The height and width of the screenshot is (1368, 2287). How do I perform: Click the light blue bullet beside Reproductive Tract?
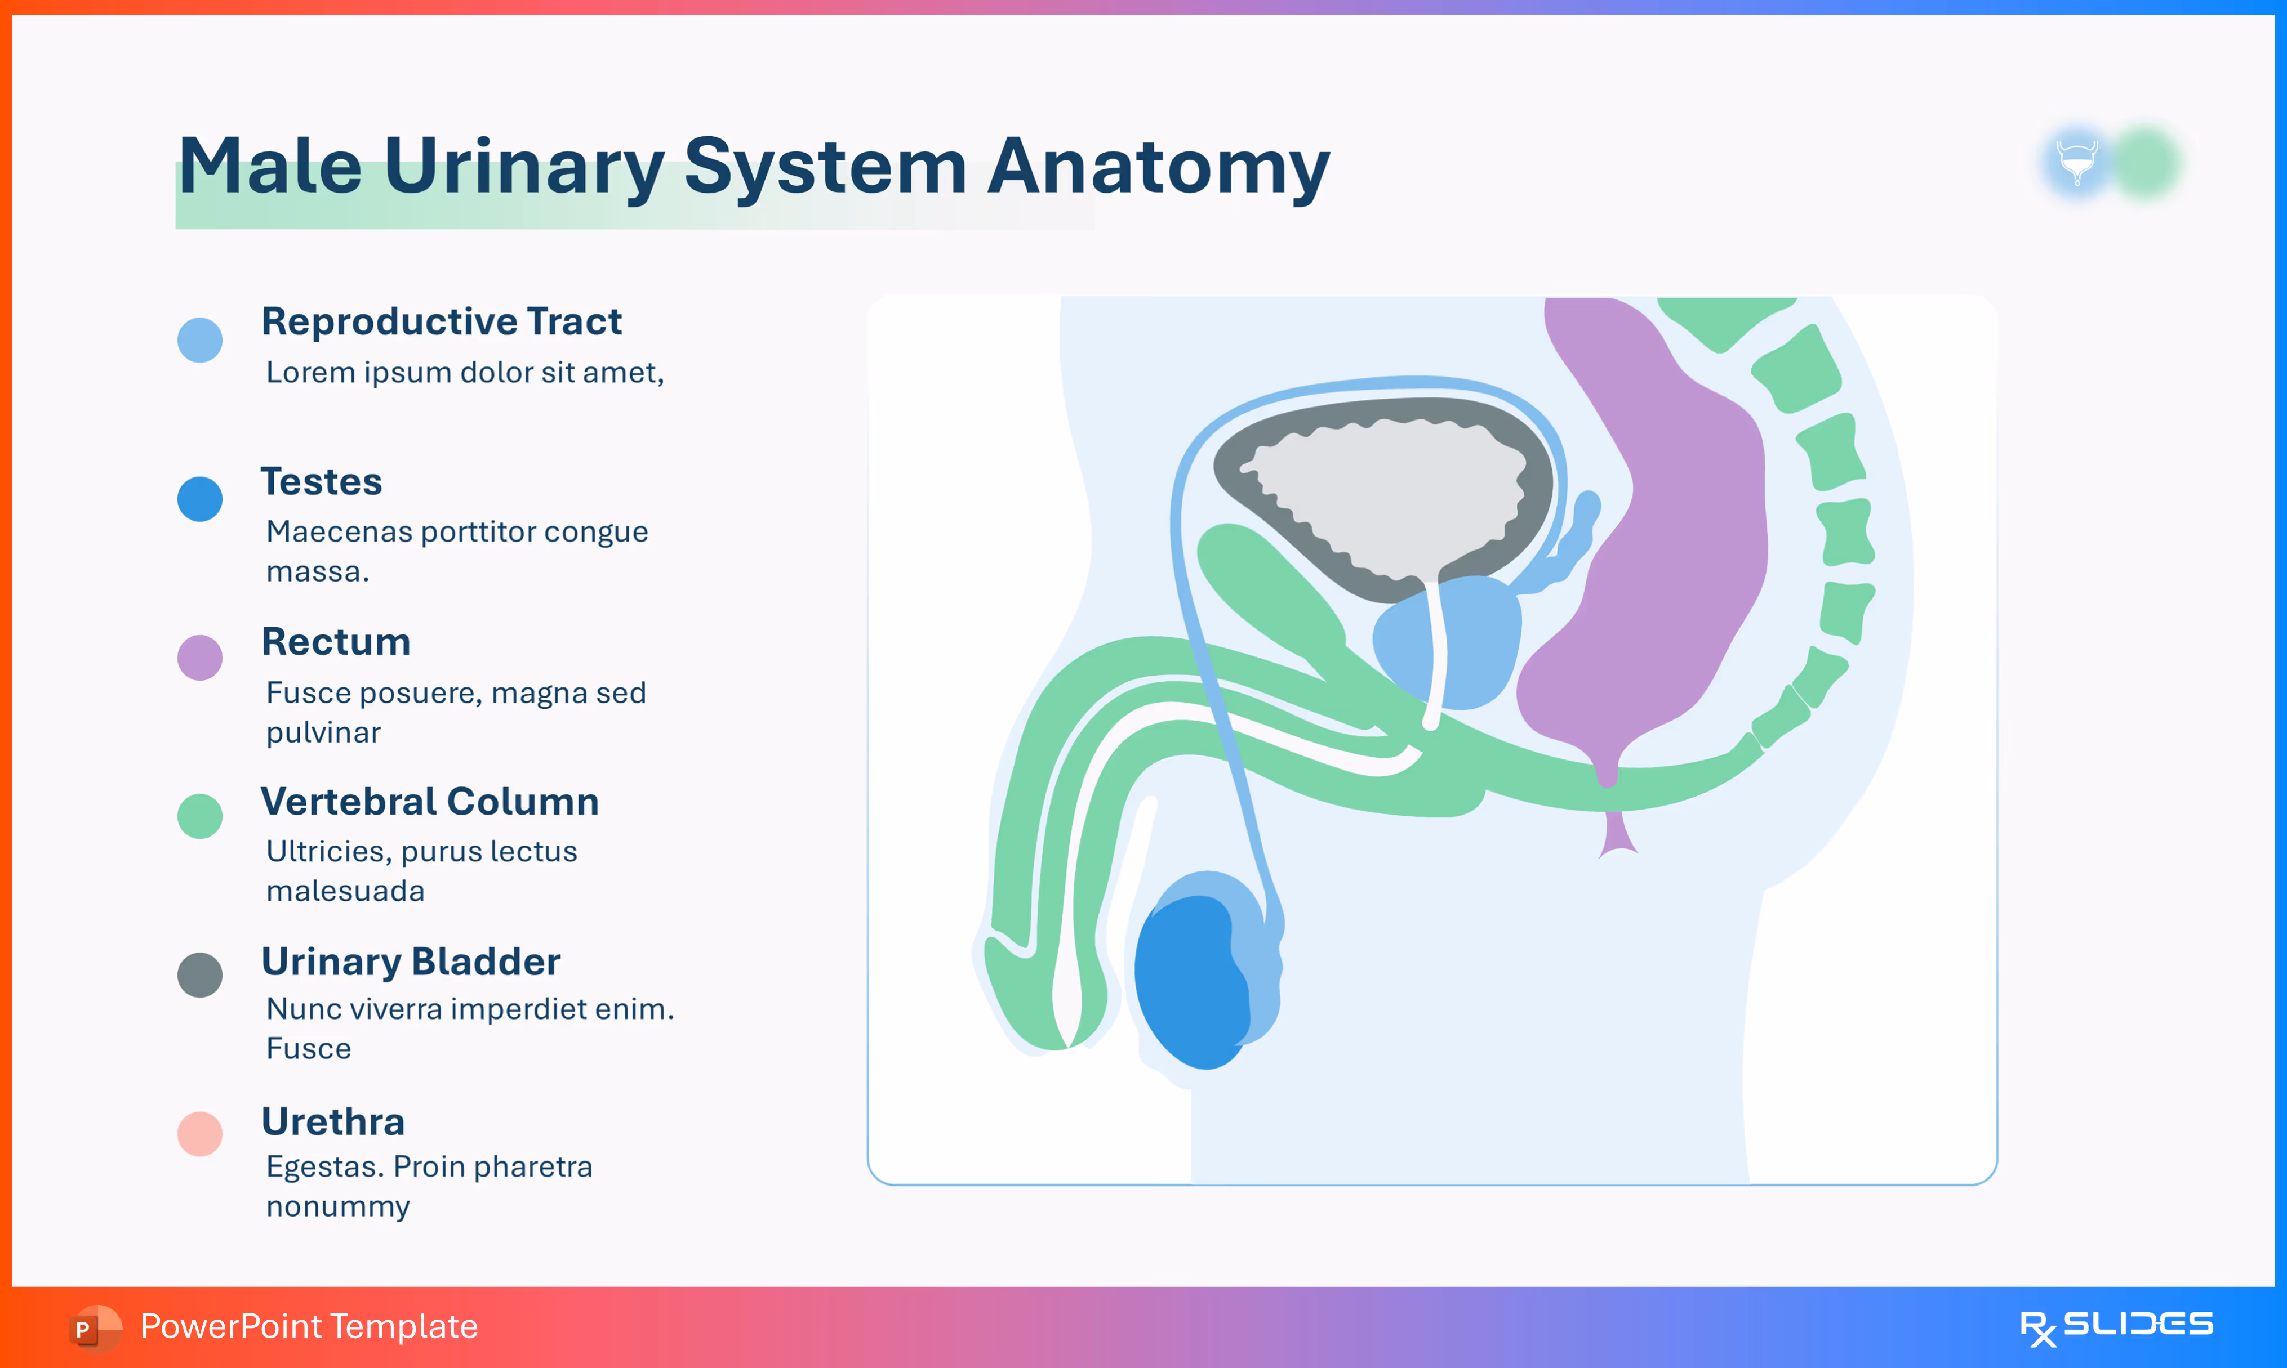200,340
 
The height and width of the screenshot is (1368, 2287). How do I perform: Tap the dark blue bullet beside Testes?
200,499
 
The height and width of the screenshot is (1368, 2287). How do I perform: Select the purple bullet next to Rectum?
200,658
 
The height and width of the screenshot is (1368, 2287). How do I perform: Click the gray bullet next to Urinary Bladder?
200,974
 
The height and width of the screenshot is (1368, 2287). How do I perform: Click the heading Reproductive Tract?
441,321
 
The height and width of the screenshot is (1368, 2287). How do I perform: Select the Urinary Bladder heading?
411,962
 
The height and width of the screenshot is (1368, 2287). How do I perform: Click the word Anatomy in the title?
1158,168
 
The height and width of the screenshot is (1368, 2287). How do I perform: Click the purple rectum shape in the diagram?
1679,553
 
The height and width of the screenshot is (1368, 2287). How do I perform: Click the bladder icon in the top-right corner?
2077,162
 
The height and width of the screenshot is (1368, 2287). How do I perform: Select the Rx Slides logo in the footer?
2116,1326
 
